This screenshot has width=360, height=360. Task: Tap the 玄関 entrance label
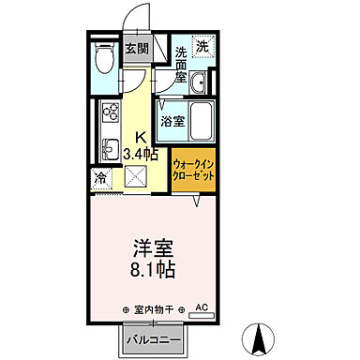pos(135,49)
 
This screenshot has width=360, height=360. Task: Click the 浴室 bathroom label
pos(172,121)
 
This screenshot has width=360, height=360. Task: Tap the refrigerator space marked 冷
pos(100,177)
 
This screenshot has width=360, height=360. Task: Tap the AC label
pos(201,307)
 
